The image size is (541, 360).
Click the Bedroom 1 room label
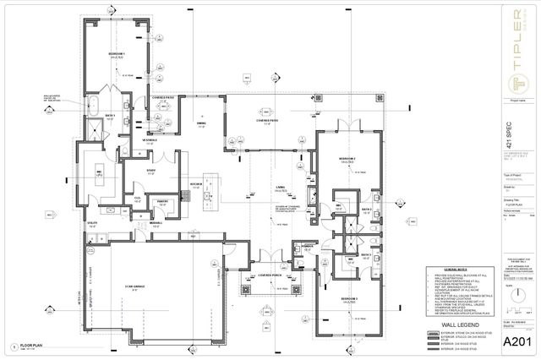(x=117, y=53)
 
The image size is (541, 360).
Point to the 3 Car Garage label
(x=134, y=287)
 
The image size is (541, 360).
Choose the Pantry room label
(x=162, y=201)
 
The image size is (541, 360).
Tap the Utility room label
(x=93, y=226)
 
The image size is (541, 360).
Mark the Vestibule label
(x=149, y=140)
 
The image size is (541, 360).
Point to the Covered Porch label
(x=270, y=286)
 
